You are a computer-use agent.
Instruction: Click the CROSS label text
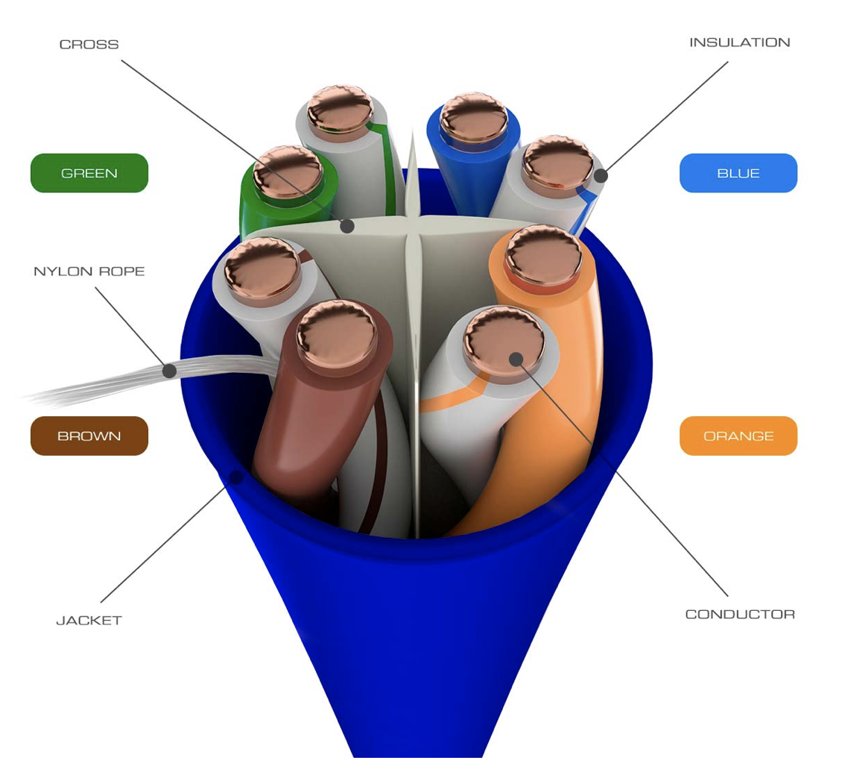pos(89,45)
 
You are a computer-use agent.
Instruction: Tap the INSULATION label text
pos(739,43)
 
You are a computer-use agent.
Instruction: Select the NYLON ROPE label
pos(89,272)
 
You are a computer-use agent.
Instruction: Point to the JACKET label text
pos(89,621)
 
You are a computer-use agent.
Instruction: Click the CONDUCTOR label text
pos(740,615)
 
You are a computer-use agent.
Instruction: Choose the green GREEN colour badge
pos(89,173)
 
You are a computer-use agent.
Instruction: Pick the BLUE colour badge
pos(738,173)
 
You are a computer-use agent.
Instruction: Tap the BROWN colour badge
pos(89,436)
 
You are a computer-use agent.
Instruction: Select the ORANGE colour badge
pos(738,436)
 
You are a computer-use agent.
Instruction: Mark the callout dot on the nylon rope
pos(170,371)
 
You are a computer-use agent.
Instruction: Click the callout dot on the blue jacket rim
pos(235,477)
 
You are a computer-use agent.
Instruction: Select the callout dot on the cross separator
pos(347,225)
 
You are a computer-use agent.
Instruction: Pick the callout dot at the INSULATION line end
pos(601,176)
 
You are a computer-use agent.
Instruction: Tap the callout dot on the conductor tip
pos(516,359)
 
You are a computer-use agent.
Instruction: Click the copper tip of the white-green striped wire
pos(340,110)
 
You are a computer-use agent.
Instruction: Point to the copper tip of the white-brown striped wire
pos(262,267)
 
